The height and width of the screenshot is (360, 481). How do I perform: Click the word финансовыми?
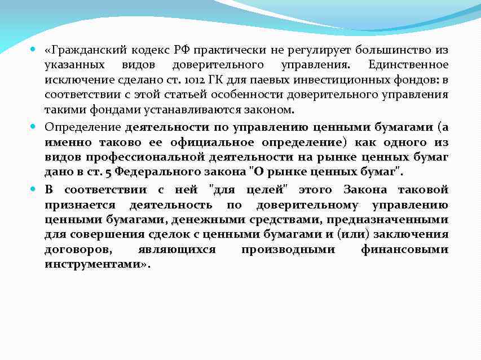point(404,249)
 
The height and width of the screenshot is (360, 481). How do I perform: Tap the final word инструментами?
point(92,264)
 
